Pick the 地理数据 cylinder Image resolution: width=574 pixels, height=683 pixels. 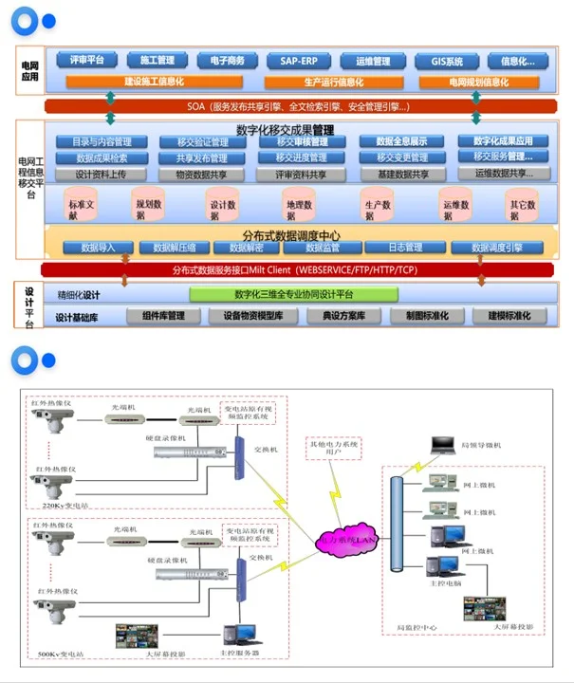299,205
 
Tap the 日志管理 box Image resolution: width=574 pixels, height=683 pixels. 405,249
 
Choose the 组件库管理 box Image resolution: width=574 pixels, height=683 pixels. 163,316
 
